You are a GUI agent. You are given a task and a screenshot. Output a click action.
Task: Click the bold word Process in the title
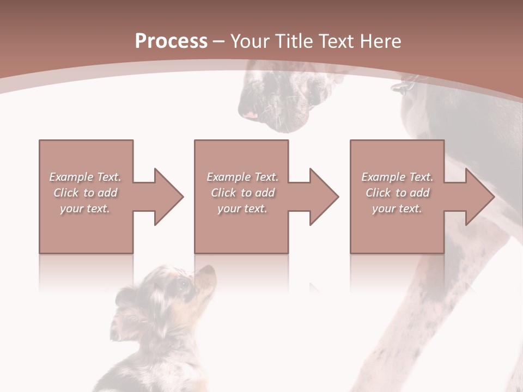click(x=171, y=41)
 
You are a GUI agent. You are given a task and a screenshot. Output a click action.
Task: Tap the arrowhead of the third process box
click(x=479, y=197)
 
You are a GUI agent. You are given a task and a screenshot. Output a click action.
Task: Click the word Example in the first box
click(x=71, y=177)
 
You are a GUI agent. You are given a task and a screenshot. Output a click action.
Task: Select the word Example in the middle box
click(x=228, y=177)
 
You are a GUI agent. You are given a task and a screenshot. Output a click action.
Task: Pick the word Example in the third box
click(x=383, y=177)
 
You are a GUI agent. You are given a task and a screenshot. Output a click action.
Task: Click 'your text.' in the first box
click(x=85, y=209)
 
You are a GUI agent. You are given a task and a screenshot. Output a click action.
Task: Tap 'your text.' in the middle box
click(x=242, y=209)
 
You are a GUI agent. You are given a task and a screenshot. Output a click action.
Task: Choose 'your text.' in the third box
click(x=397, y=209)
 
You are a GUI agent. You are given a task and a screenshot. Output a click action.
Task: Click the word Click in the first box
click(x=66, y=193)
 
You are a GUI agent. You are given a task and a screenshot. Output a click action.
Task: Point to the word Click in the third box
click(x=379, y=193)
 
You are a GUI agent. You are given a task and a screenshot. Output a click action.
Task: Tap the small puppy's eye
click(x=184, y=283)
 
